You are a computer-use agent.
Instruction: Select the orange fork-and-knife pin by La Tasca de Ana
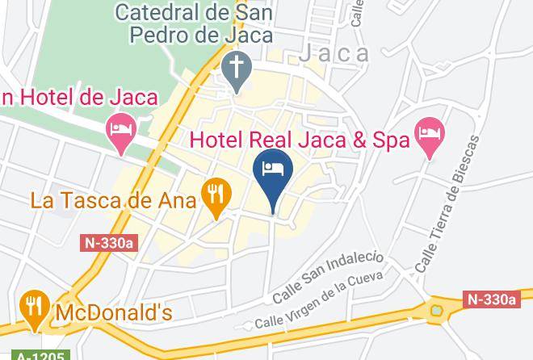[x=216, y=196]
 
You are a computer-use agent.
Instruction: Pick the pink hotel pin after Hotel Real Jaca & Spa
[x=429, y=136]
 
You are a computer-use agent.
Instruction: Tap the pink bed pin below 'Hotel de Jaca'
[x=121, y=133]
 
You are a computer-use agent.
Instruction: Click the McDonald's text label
[x=113, y=312]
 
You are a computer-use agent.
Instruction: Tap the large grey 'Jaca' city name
[x=334, y=54]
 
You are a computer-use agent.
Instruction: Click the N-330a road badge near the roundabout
[x=491, y=299]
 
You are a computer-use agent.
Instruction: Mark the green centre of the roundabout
[x=438, y=310]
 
